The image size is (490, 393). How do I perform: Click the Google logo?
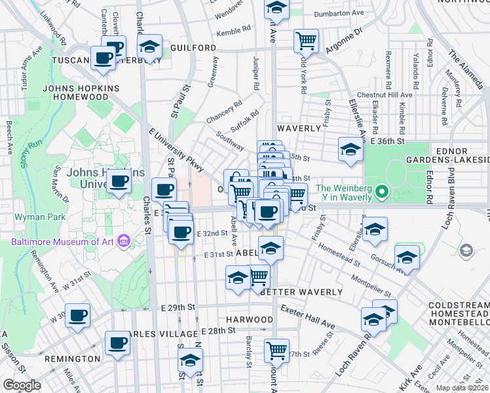[x=22, y=385]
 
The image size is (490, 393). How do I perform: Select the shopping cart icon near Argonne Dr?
[x=305, y=41]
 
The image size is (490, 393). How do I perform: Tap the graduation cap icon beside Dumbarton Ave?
[x=276, y=8]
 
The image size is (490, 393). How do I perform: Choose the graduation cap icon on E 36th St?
[x=350, y=149]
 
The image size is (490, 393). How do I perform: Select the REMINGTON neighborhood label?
[x=72, y=359]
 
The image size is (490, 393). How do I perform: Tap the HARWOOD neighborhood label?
[x=250, y=319]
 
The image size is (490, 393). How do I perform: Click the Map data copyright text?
[x=462, y=388]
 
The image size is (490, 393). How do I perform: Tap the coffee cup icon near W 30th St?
[x=78, y=315]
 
